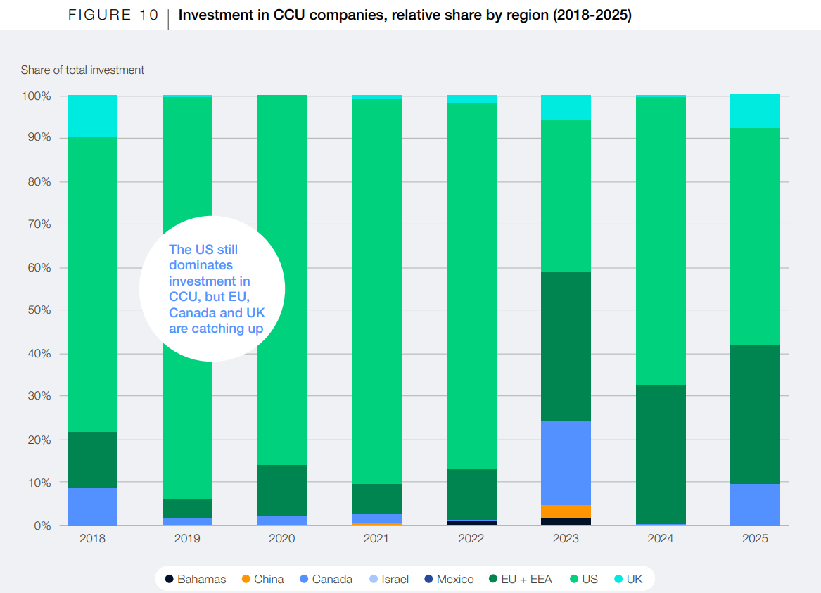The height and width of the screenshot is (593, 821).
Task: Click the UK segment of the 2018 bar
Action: click(x=92, y=116)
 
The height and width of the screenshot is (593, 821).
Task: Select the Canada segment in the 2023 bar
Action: click(x=566, y=463)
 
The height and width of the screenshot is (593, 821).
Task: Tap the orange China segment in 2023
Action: click(x=566, y=511)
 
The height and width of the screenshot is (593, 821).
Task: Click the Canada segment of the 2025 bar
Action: click(x=755, y=504)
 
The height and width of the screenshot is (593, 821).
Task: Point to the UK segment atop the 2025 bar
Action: click(x=755, y=111)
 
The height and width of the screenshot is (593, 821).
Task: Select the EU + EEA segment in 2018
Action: click(x=92, y=459)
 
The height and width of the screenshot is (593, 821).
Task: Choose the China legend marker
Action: click(x=246, y=579)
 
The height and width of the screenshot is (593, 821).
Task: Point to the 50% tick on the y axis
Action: click(x=37, y=310)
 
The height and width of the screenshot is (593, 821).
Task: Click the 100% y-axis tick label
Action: click(x=34, y=96)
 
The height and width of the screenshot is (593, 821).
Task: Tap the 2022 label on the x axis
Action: click(x=471, y=539)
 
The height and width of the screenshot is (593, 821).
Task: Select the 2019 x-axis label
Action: click(x=187, y=539)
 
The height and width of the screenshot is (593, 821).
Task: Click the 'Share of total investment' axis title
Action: click(x=82, y=70)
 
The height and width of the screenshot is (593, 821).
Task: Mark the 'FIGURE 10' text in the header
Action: click(x=113, y=15)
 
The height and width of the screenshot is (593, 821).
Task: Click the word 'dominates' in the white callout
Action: click(x=201, y=266)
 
